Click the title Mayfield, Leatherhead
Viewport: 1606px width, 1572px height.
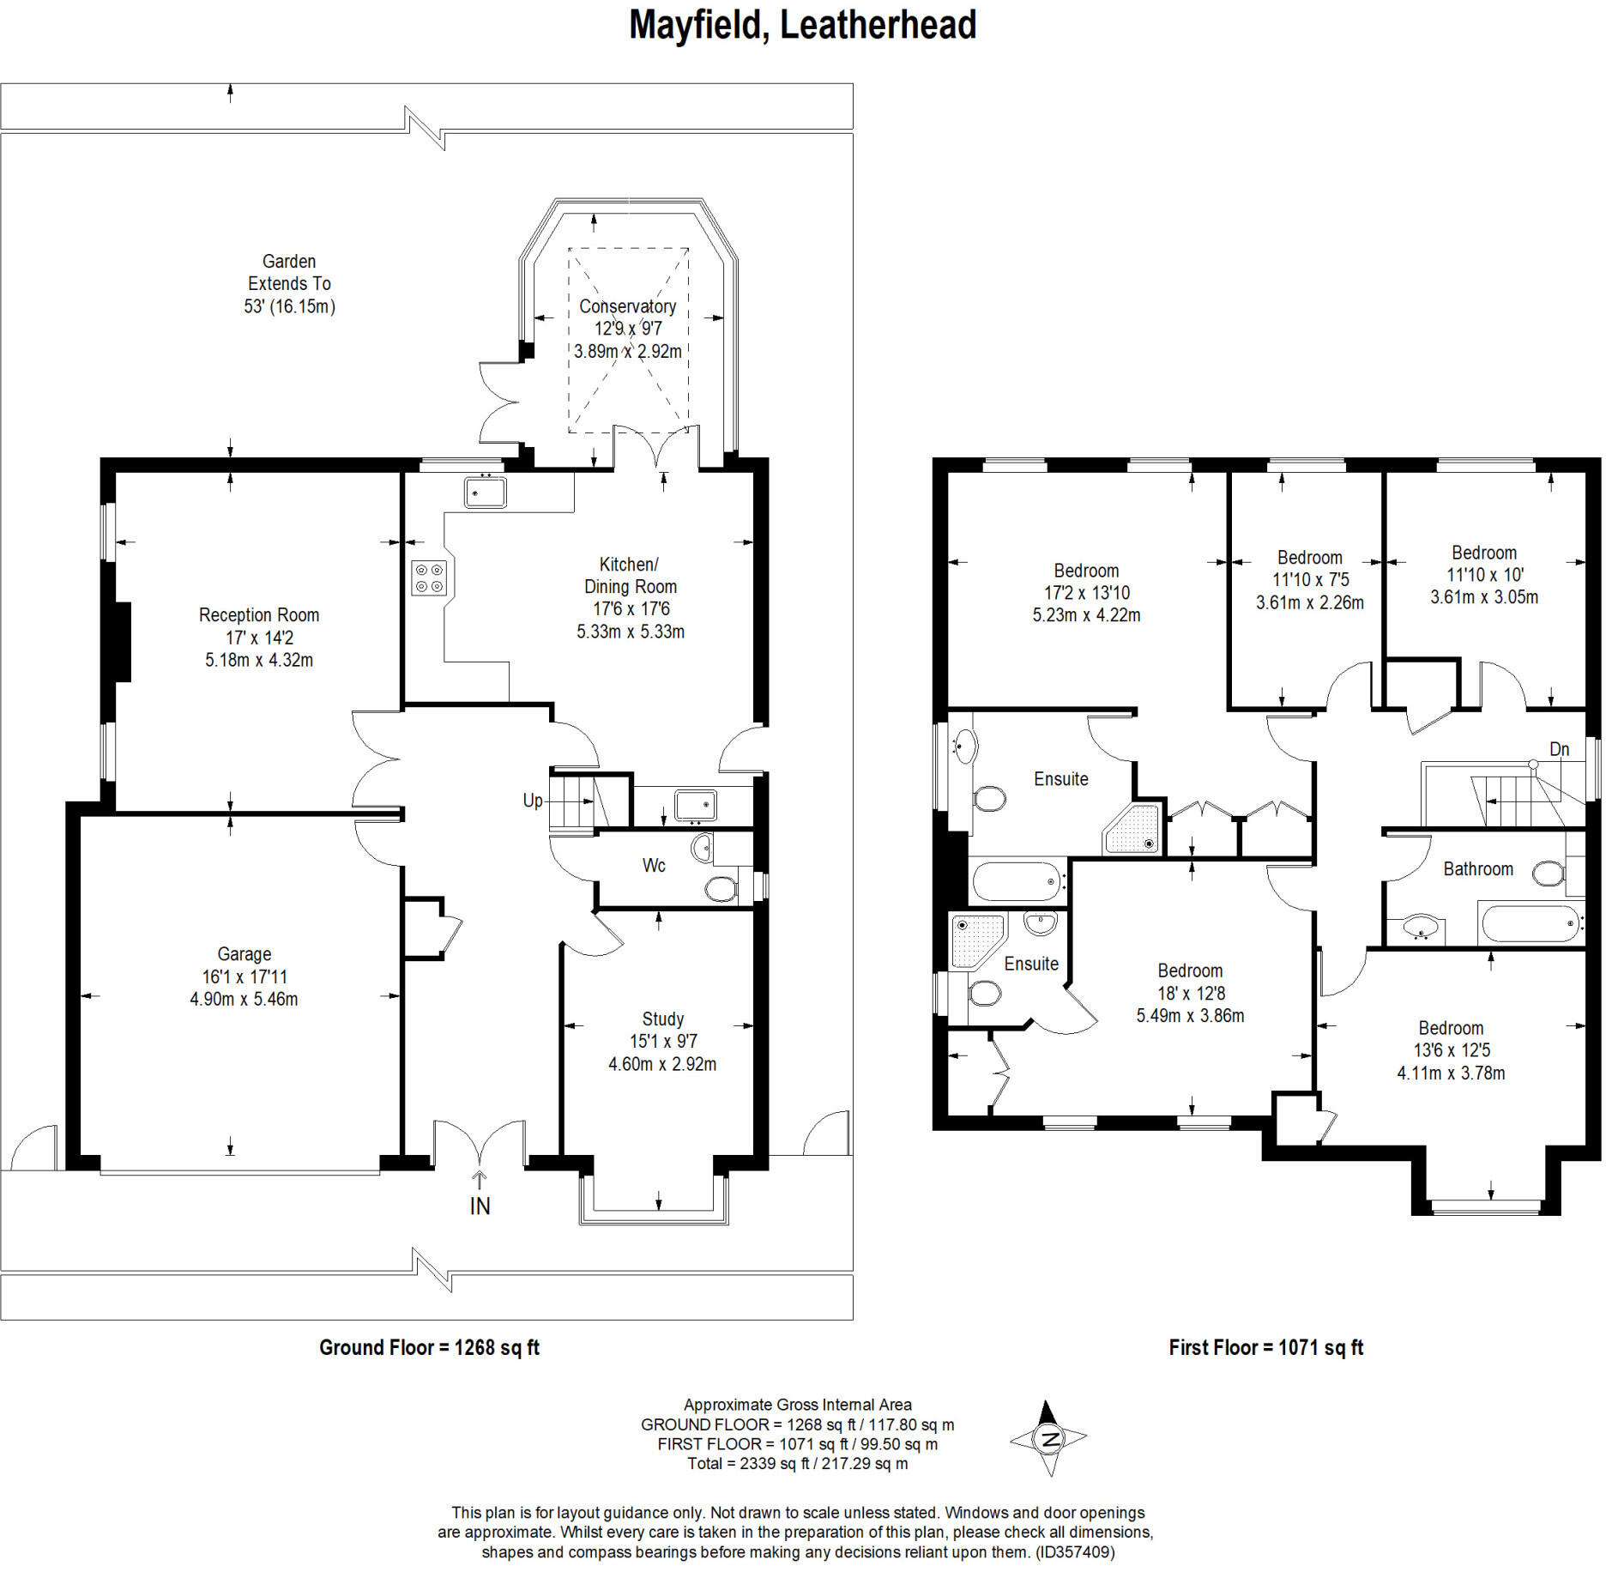click(x=802, y=26)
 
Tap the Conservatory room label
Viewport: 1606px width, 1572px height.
click(x=627, y=306)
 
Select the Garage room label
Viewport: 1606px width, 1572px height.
click(x=245, y=954)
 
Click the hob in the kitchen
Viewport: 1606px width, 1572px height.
click(x=429, y=577)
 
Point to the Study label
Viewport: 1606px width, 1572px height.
click(x=663, y=1019)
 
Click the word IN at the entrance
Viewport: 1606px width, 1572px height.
click(x=480, y=1206)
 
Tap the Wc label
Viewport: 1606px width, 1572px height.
click(x=654, y=865)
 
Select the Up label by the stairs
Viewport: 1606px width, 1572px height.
click(x=533, y=801)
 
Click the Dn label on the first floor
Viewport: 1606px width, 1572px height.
click(x=1559, y=749)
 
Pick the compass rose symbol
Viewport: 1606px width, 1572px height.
click(x=1048, y=1438)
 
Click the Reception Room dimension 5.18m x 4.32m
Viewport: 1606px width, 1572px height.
click(x=259, y=660)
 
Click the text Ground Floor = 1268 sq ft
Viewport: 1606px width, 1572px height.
click(x=429, y=1347)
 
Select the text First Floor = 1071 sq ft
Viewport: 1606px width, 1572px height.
click(x=1266, y=1347)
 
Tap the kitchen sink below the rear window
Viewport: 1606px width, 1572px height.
click(x=486, y=493)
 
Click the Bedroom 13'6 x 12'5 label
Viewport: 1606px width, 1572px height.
click(x=1451, y=1050)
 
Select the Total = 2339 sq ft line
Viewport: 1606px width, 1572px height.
click(x=798, y=1463)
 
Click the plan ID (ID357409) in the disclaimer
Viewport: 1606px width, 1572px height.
click(x=1076, y=1551)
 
